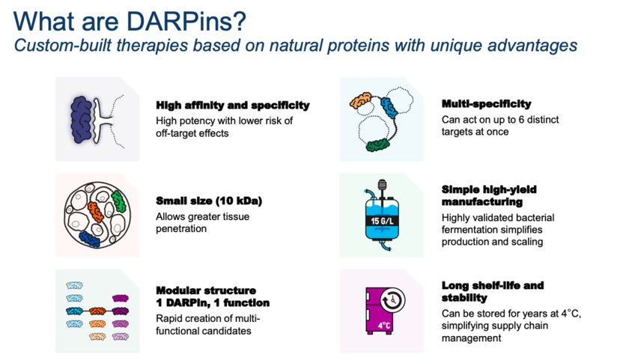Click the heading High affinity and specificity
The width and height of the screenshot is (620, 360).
point(232,106)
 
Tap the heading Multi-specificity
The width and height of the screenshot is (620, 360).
point(487,104)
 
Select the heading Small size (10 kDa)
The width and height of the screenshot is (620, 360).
point(209,201)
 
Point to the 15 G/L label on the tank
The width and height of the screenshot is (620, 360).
point(382,221)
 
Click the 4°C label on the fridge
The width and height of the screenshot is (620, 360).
point(384,326)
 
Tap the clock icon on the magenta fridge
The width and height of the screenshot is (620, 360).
point(392,300)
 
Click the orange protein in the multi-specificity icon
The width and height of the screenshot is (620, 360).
point(361,101)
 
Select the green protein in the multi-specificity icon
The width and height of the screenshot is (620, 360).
point(377,145)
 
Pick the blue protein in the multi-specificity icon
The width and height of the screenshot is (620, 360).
point(389,108)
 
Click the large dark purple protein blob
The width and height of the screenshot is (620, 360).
point(82,119)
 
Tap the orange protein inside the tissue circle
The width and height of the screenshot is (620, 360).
point(95,212)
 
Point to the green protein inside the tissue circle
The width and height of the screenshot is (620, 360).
point(118,201)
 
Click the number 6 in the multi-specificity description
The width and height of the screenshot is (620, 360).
point(521,120)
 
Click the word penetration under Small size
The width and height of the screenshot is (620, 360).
point(181,229)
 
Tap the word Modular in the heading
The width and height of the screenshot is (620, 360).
point(177,290)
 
